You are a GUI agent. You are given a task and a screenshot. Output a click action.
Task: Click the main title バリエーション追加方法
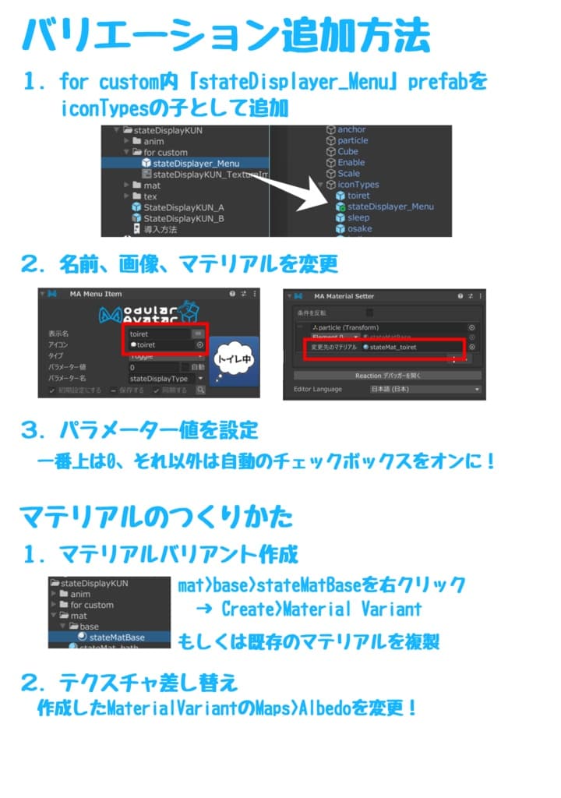226,35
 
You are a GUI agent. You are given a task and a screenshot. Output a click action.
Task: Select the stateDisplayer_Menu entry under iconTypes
390,207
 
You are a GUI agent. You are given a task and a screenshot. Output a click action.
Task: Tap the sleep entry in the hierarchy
358,217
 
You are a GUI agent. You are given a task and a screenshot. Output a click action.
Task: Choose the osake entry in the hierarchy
359,228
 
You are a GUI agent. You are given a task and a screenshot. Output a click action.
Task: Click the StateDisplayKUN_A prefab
183,208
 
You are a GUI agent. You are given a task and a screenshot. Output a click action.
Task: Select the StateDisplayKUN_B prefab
183,219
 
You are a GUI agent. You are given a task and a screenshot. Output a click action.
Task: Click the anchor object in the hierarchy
351,129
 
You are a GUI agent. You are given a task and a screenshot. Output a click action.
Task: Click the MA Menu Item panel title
95,294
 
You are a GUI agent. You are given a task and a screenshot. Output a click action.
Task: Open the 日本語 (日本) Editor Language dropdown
425,389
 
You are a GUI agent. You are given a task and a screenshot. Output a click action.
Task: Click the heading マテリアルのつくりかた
156,516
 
